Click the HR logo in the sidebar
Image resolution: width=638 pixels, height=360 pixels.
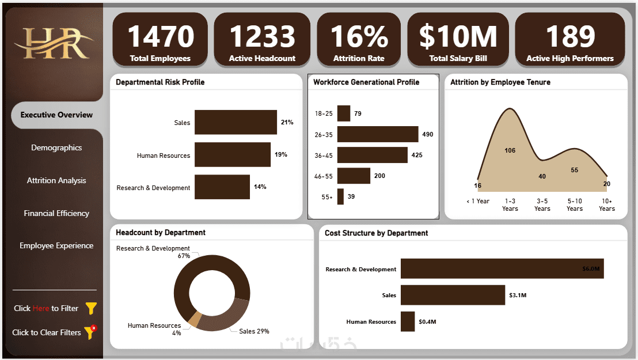coord(54,43)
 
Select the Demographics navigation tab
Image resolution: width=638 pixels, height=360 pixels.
coord(56,147)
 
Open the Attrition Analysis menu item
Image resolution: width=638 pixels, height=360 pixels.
coord(56,180)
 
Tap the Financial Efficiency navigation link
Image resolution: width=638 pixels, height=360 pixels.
coord(56,213)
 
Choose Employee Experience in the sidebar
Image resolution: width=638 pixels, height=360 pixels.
coord(56,245)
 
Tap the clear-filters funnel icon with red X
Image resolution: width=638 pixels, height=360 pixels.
coord(90,332)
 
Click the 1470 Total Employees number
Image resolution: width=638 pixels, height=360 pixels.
coord(160,36)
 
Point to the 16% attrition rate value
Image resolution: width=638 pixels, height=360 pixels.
coord(359,36)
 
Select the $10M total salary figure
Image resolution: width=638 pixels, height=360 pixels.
coord(458,36)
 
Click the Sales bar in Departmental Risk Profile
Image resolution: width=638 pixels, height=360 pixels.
coord(235,122)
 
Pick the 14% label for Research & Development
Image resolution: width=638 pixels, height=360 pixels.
coord(260,187)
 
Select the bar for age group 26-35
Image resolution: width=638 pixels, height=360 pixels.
coord(377,134)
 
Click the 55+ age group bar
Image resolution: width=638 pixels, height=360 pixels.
coord(340,196)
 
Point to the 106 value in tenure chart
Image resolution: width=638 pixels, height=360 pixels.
coord(510,150)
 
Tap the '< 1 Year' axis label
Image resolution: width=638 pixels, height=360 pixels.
coord(478,201)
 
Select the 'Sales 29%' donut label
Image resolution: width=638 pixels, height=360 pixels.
coord(254,331)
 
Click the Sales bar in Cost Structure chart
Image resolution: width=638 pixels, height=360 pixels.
coord(453,295)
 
